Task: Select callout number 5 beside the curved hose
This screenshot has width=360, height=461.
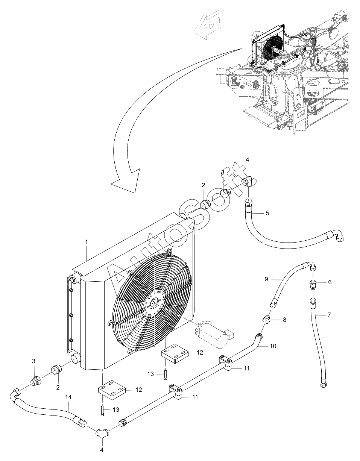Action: coord(267,213)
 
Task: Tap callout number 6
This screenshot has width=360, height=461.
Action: coord(330,282)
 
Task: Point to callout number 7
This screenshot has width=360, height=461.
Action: coord(329,315)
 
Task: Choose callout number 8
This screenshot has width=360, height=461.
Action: coord(284,320)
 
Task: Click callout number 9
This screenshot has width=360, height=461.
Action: coord(276,279)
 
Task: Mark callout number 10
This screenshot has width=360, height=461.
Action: coord(273,346)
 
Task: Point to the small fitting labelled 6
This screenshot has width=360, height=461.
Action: coord(313,284)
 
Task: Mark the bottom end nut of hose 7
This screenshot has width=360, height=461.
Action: coord(323,386)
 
